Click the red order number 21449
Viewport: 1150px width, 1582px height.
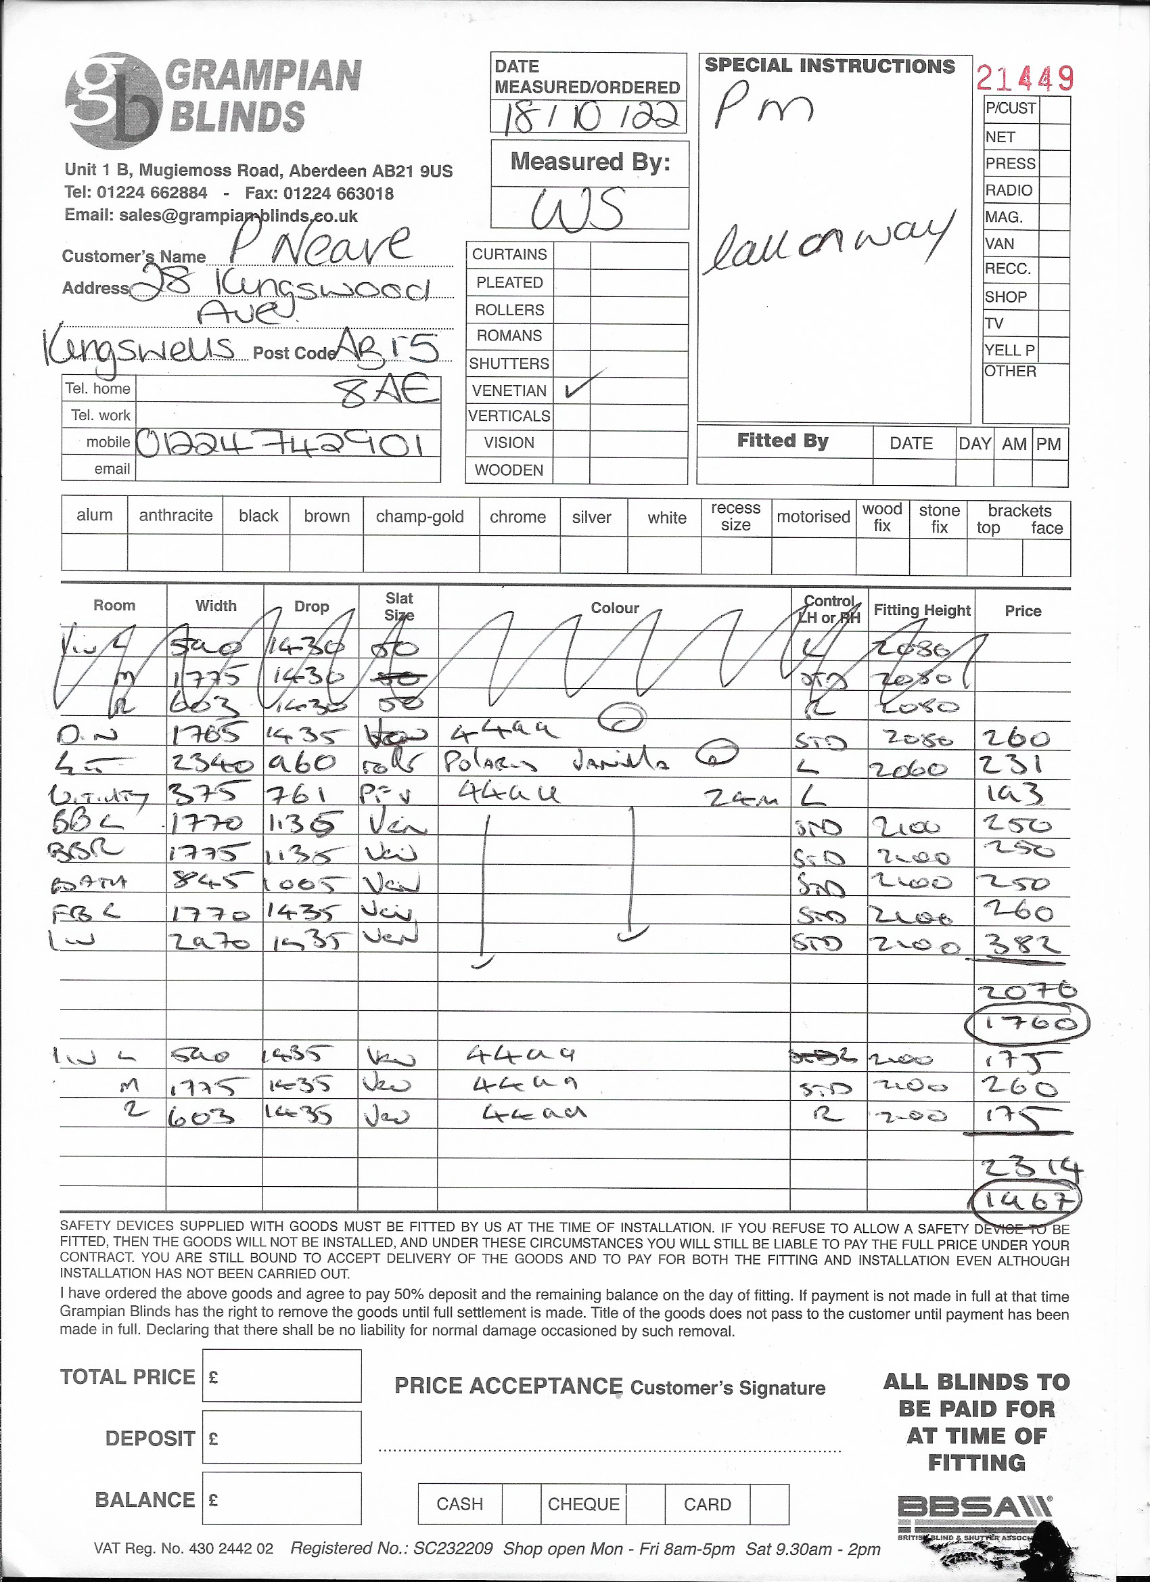(1024, 78)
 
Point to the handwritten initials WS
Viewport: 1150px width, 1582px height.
(578, 209)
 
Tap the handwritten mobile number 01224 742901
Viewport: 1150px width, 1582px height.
(280, 444)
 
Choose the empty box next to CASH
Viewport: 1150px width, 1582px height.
(521, 1504)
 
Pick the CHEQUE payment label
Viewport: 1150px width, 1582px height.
(583, 1504)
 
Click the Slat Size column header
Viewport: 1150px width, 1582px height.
(399, 606)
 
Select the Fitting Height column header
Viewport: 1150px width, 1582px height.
(921, 610)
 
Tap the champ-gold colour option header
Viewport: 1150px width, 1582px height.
(420, 517)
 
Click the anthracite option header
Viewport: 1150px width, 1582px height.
(175, 516)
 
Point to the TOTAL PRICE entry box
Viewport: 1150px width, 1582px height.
(281, 1376)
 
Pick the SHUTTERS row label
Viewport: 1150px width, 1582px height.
(509, 363)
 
